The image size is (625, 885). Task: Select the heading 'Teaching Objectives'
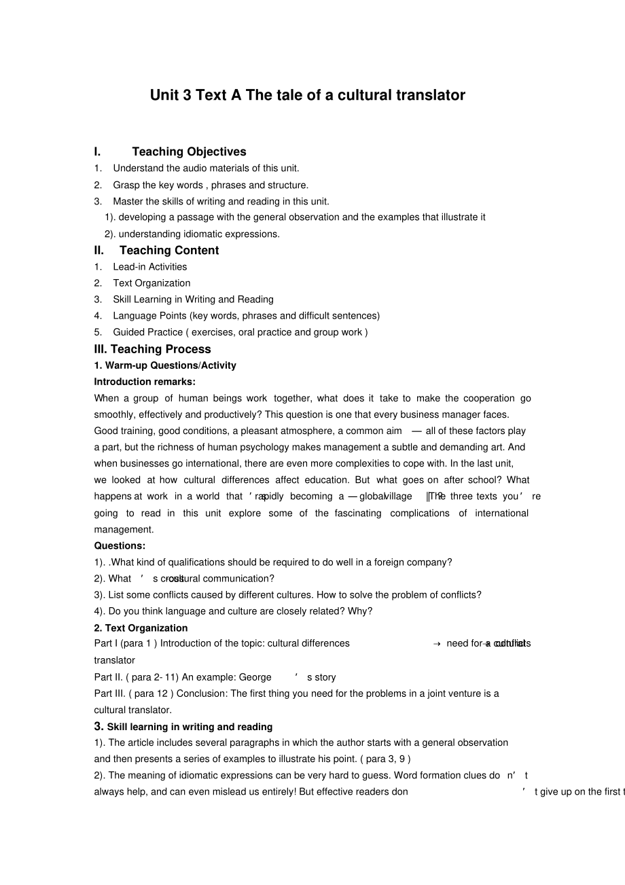point(189,151)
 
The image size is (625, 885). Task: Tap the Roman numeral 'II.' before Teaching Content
point(99,250)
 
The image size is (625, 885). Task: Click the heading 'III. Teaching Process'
point(152,349)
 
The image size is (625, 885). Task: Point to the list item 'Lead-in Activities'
point(150,267)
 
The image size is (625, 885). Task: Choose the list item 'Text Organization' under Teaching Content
point(151,283)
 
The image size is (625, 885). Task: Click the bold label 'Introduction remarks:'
point(145,382)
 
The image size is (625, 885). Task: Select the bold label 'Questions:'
point(120,545)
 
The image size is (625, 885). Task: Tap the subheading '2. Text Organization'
point(141,628)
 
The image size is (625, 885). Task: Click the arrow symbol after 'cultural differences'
point(437,644)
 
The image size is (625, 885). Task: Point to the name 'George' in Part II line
point(255,677)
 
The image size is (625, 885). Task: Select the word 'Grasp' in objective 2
point(126,185)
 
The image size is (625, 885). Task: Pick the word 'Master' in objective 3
point(128,201)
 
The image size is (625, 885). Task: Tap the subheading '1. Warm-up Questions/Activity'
point(165,365)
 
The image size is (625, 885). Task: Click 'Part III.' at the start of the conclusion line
point(110,693)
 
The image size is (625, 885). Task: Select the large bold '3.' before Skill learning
point(99,726)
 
